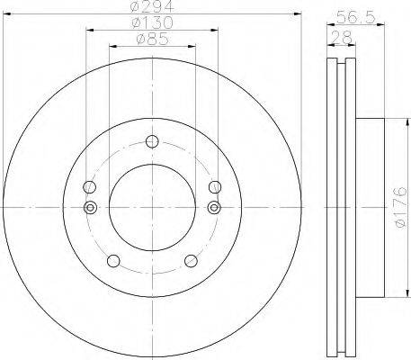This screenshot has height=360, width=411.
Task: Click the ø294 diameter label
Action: (x=152, y=6)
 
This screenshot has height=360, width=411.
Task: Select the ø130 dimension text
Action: (x=152, y=22)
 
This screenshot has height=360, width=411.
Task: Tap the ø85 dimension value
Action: (x=152, y=39)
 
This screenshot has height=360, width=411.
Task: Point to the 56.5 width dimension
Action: (x=355, y=17)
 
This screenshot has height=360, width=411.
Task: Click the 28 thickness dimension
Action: (x=342, y=38)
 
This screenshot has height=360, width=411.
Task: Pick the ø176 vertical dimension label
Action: (x=400, y=207)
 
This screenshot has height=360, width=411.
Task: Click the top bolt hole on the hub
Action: (x=152, y=141)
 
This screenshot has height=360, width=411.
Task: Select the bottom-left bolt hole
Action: (x=113, y=261)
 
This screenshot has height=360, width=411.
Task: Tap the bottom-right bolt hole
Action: (x=191, y=261)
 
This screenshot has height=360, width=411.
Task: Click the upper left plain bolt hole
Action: (x=89, y=187)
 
